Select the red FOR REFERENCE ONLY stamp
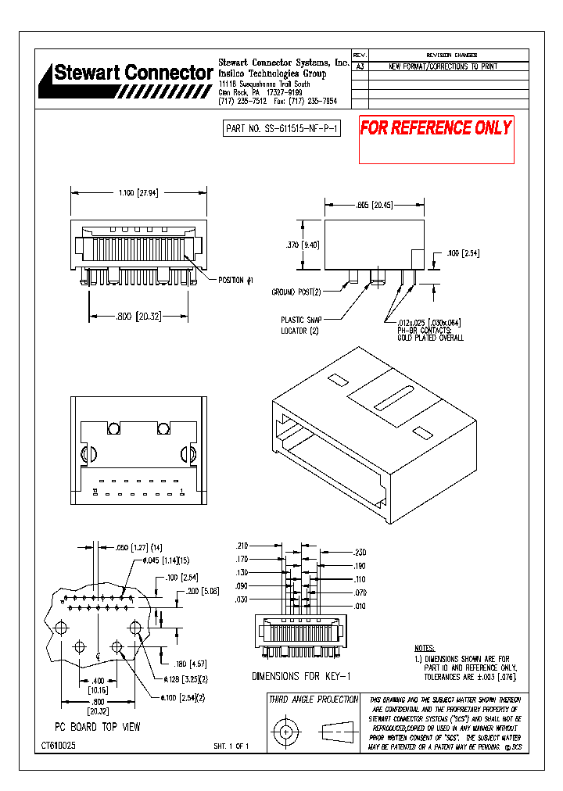pyautogui.click(x=436, y=128)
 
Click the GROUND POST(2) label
pyautogui.click(x=296, y=292)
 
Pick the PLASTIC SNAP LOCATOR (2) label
pyautogui.click(x=301, y=325)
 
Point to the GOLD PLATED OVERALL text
pyautogui.click(x=430, y=338)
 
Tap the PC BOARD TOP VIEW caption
pyautogui.click(x=97, y=727)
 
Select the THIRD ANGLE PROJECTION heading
pyautogui.click(x=314, y=700)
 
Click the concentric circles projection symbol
pyautogui.click(x=285, y=732)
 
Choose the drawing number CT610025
pyautogui.click(x=59, y=746)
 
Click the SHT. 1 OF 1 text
pyautogui.click(x=231, y=747)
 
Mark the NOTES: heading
pyautogui.click(x=425, y=649)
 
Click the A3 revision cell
pyautogui.click(x=360, y=67)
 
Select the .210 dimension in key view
pyautogui.click(x=242, y=546)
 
